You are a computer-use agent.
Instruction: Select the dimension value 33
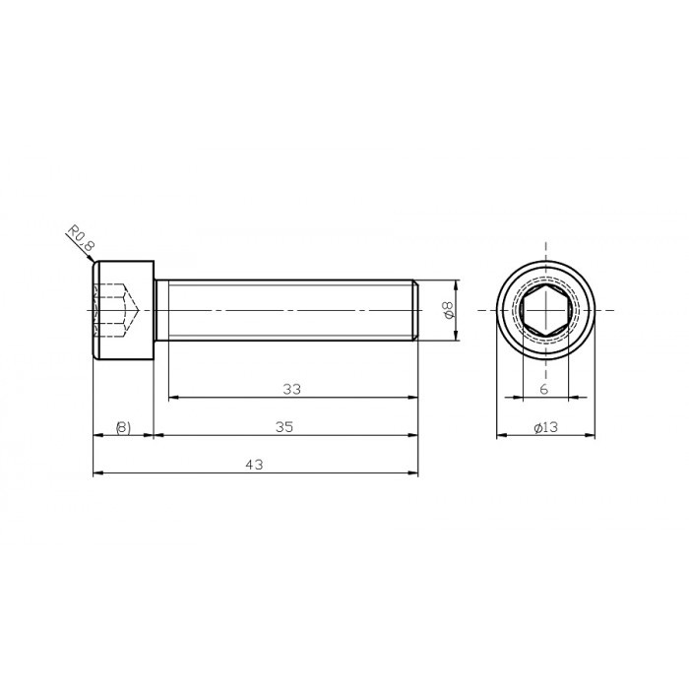290,389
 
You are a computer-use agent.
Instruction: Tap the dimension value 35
284,427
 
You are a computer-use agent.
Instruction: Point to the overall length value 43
255,466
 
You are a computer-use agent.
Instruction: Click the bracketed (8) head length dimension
122,427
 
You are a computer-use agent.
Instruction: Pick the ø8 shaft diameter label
448,310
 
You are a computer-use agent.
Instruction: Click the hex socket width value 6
544,390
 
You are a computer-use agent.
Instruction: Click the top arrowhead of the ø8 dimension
456,284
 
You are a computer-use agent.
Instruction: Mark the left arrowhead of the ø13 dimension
499,435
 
